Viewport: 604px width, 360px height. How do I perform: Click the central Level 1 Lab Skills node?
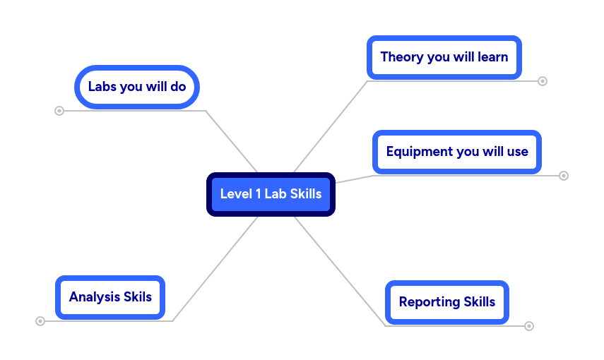[271, 194]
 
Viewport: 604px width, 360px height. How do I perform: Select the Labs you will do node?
[137, 87]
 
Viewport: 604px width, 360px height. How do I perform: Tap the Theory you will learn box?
[444, 57]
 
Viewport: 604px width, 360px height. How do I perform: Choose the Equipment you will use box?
[456, 152]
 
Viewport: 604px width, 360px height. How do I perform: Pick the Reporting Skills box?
[446, 302]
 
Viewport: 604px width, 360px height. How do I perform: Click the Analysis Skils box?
[110, 297]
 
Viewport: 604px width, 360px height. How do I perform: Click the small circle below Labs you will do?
[59, 111]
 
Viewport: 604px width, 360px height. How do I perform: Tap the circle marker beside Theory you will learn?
[543, 81]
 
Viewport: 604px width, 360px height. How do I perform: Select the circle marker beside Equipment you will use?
[564, 176]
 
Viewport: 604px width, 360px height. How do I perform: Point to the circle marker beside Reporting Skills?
[529, 326]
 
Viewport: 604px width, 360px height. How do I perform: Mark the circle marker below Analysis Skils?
[40, 321]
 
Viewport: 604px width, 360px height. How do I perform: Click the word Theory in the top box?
[401, 57]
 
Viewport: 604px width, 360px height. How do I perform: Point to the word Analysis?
[95, 297]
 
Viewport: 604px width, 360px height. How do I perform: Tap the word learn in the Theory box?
[492, 57]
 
